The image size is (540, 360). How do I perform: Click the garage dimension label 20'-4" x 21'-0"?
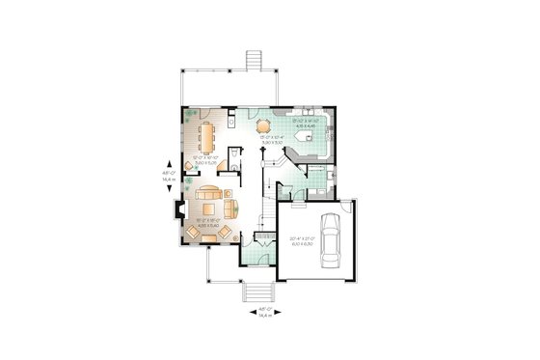tap(303, 241)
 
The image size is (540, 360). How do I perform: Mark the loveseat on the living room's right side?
tap(230, 207)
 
